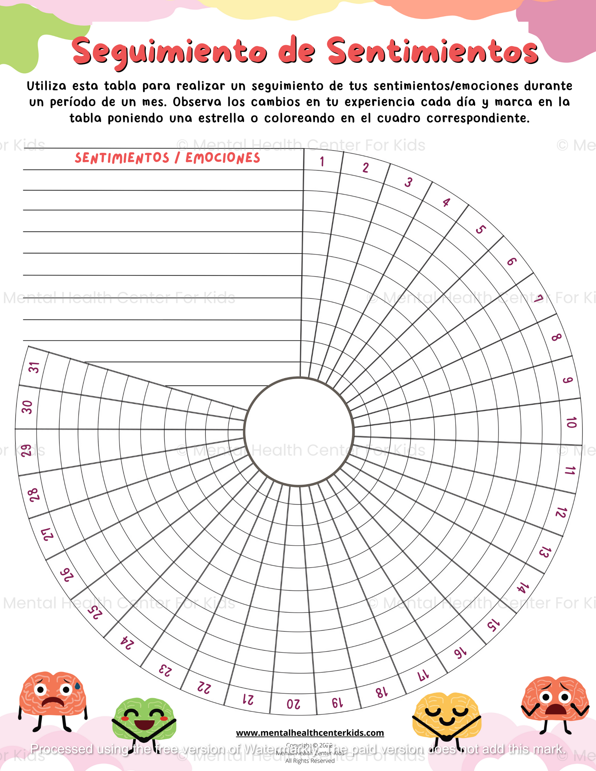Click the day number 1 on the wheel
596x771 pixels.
(x=322, y=162)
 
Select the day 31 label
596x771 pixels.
(x=34, y=367)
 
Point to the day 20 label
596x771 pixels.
(x=293, y=704)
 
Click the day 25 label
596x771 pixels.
(x=95, y=612)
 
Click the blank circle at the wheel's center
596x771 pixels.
(x=299, y=431)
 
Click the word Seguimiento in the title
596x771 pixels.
(x=169, y=51)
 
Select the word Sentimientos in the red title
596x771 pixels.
(x=432, y=51)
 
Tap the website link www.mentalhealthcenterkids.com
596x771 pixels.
(x=310, y=733)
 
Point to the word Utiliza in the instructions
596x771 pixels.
(x=47, y=86)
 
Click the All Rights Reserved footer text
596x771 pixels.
(x=310, y=761)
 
